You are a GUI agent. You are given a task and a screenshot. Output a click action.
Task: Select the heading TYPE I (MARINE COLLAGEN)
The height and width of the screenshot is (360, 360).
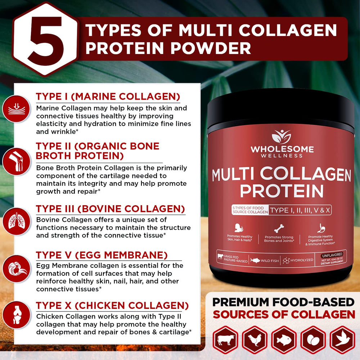coord(108,97)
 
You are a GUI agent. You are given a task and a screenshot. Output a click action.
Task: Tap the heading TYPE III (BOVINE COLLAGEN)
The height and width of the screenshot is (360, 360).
coord(111,209)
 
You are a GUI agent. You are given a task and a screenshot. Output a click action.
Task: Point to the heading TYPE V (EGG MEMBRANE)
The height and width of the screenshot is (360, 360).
coord(102,255)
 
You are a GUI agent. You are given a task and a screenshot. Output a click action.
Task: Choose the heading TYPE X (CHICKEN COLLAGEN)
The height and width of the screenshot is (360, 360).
coord(112,306)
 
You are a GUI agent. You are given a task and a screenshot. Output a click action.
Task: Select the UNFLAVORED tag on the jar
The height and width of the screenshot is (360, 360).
coord(333,255)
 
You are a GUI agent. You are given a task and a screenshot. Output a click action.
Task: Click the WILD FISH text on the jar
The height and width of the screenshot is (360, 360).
coord(270,261)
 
